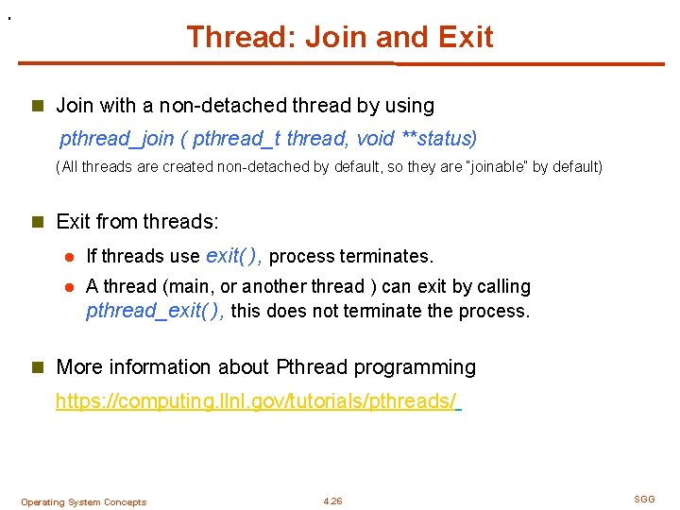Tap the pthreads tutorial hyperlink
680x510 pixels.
[x=256, y=401]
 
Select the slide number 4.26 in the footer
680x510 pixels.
[x=332, y=501]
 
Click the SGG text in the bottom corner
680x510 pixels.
[x=643, y=498]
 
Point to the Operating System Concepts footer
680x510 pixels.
[x=83, y=502]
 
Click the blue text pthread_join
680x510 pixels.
[x=117, y=139]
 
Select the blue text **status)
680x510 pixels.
[x=439, y=139]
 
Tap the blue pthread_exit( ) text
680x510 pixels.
[x=155, y=311]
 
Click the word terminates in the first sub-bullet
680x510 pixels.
[x=391, y=257]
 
